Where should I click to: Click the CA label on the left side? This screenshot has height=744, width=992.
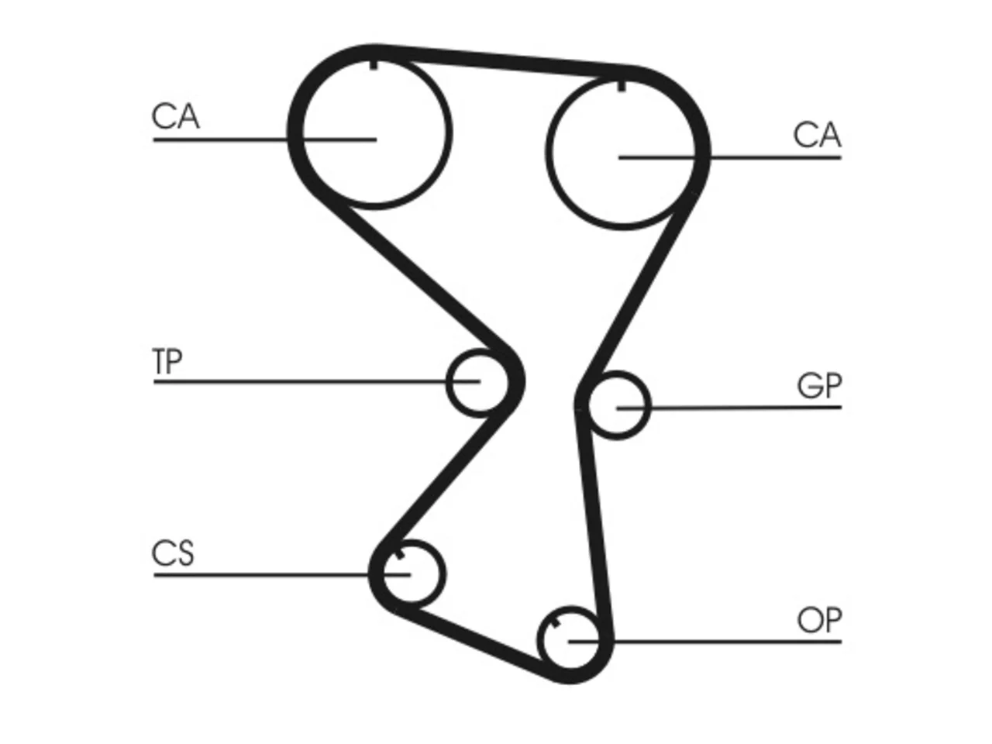click(x=175, y=116)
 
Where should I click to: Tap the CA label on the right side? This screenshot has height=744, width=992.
click(x=817, y=135)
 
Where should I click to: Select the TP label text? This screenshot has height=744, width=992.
click(x=167, y=361)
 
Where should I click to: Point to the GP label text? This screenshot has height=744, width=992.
click(x=819, y=385)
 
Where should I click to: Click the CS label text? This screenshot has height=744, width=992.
click(x=173, y=553)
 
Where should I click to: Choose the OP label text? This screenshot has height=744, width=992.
click(x=819, y=620)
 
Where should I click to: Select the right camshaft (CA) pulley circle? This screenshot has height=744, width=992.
click(x=547, y=151)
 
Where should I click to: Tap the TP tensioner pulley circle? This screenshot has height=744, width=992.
click(x=447, y=382)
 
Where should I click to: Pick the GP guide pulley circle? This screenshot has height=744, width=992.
click(x=650, y=405)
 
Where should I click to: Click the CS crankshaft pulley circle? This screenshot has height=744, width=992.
click(x=444, y=573)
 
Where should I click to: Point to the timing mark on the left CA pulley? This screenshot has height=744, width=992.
click(x=374, y=64)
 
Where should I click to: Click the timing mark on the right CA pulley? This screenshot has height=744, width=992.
click(x=622, y=86)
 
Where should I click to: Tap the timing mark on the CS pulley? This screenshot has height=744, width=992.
click(x=399, y=555)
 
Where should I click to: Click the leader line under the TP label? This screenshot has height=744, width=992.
click(x=316, y=382)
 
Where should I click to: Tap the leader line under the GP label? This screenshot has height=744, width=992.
click(x=729, y=408)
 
